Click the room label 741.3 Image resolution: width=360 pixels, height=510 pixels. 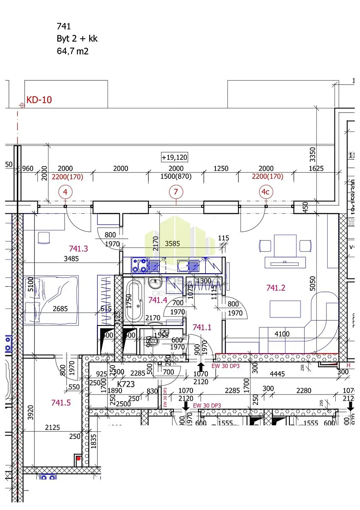pyautogui.click(x=78, y=249)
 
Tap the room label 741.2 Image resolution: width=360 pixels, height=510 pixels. pyautogui.click(x=275, y=288)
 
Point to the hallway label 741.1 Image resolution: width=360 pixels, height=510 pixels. pyautogui.click(x=201, y=327)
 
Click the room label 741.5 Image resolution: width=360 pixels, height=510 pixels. pyautogui.click(x=60, y=402)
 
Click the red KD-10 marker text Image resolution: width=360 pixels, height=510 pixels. pyautogui.click(x=39, y=100)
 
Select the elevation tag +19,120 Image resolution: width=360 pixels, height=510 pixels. pyautogui.click(x=174, y=157)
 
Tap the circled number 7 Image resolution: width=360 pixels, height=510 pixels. pyautogui.click(x=176, y=192)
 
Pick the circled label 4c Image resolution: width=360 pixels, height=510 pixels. pyautogui.click(x=265, y=192)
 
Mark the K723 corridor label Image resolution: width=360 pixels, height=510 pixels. pyautogui.click(x=126, y=384)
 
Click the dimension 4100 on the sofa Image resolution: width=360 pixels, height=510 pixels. pyautogui.click(x=281, y=334)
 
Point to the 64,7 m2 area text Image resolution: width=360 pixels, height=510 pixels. pyautogui.click(x=72, y=51)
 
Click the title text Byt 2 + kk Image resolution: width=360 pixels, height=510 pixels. pyautogui.click(x=77, y=39)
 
